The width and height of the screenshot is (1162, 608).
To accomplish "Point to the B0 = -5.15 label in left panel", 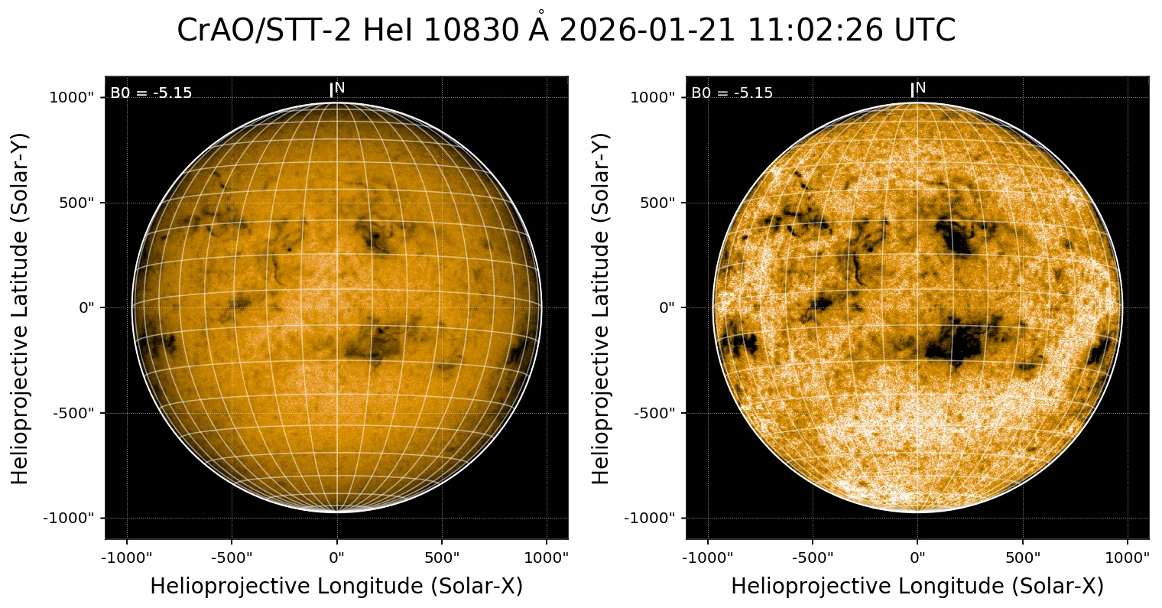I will point(151,93).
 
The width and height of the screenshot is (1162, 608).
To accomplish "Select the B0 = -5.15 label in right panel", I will point(732,93).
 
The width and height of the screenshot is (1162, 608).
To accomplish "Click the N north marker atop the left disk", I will point(339,88).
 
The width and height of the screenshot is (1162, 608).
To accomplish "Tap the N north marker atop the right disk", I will point(920,88).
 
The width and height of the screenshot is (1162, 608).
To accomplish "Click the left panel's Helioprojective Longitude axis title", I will point(336,586).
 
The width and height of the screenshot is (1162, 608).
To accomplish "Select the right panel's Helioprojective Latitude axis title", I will point(602,307).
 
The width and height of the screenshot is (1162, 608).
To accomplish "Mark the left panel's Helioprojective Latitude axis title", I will point(21,307).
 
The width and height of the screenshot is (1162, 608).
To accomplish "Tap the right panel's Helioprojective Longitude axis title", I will point(917,586).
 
